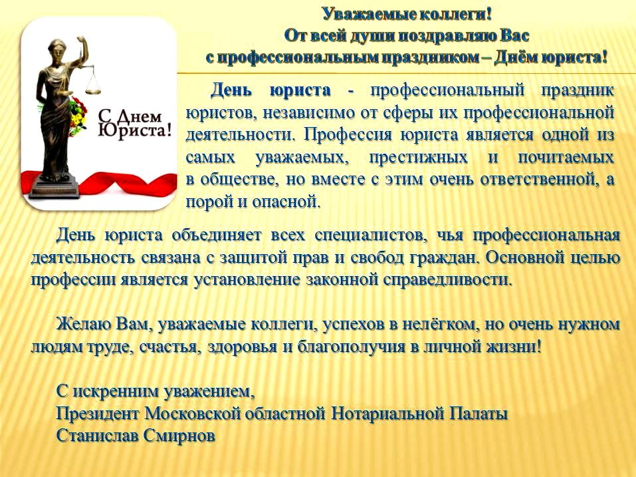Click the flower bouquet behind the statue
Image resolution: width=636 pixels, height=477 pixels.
(x=78, y=116)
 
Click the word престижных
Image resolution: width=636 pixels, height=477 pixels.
(x=418, y=157)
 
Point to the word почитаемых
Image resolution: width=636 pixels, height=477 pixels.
(x=566, y=157)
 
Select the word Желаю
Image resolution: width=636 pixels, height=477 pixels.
(x=83, y=324)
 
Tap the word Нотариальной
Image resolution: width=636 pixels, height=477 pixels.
(x=388, y=414)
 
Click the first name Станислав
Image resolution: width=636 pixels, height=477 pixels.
(x=97, y=436)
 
